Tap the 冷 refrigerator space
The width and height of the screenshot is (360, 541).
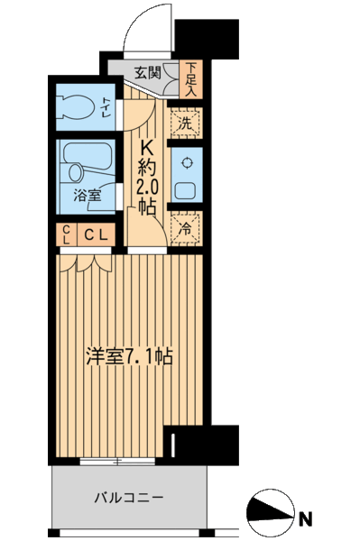[x=185, y=229]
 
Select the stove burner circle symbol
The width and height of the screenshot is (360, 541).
[x=187, y=162]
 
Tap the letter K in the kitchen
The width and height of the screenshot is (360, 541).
[x=148, y=145]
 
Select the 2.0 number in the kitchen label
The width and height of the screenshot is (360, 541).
[x=148, y=187]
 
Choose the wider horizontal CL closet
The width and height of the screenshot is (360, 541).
[x=97, y=235]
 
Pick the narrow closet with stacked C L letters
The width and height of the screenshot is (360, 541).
[x=67, y=235]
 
